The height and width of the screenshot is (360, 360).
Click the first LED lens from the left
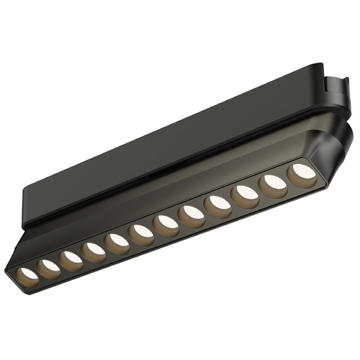click(28, 274)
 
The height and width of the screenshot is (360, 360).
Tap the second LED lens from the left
click(49, 266)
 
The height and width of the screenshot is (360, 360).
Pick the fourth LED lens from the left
click(93, 251)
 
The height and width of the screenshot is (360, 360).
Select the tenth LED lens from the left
click(246, 194)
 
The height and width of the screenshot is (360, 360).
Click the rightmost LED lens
click(300, 174)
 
